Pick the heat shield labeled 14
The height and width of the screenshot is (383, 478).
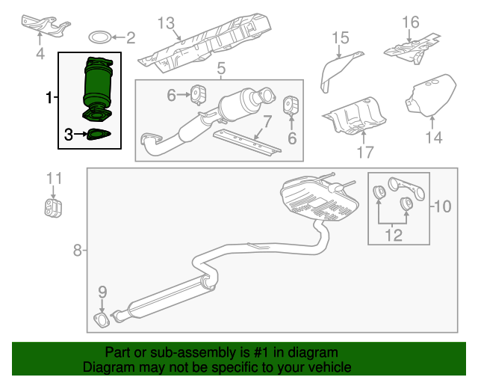point(431,96)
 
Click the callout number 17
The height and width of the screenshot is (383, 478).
point(364,153)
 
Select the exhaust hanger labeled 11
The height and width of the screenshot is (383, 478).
point(52,206)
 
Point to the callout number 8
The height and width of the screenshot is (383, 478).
point(78,251)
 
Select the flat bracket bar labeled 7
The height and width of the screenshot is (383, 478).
point(246,141)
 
